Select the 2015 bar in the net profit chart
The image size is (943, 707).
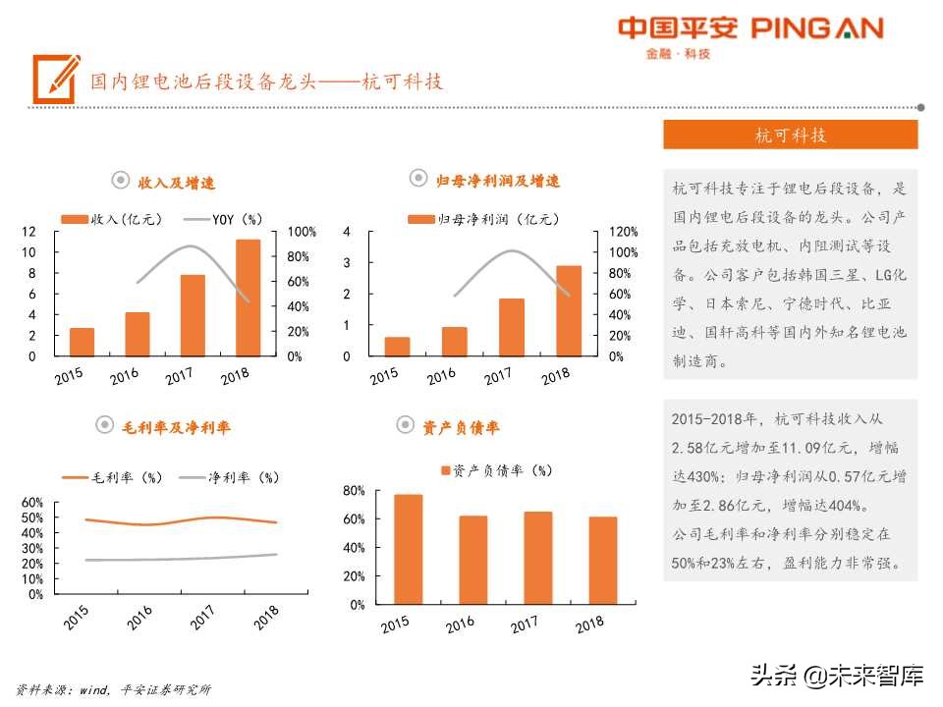397,347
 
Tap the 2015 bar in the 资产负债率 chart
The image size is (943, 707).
408,549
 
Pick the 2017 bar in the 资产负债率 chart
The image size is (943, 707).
538,558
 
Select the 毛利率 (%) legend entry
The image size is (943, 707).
113,478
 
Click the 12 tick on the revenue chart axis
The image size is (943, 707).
29,232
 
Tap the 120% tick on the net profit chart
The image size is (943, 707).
623,232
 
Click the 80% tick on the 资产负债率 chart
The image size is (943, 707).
355,490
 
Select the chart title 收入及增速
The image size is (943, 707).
176,183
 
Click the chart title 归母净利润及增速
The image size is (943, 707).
497,181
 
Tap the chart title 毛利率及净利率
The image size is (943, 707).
176,427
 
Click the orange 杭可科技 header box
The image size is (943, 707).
790,136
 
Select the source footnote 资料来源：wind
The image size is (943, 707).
113,689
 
